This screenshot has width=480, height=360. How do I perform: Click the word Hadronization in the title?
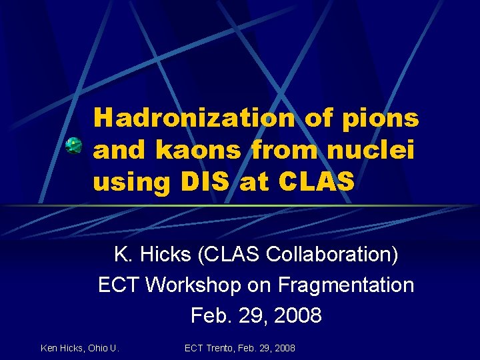point(194,119)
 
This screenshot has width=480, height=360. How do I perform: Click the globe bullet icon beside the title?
point(74,145)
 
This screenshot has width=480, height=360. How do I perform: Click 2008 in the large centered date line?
point(297,315)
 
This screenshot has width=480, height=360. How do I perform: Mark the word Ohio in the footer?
point(98,348)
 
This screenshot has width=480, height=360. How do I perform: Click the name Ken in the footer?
point(49,348)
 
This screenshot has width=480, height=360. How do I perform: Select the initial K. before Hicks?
point(123,255)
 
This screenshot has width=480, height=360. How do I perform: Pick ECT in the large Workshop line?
point(119,285)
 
